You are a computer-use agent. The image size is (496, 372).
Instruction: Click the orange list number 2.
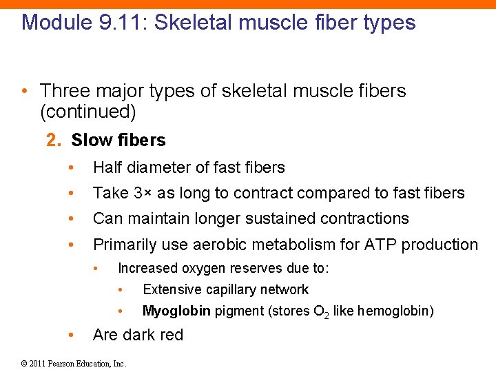pyautogui.click(x=53, y=141)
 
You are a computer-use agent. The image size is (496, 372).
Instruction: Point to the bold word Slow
pyautogui.click(x=92, y=141)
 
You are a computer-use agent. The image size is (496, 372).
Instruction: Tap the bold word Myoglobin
pyautogui.click(x=176, y=311)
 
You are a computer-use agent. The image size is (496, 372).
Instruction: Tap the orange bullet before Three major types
pyautogui.click(x=24, y=91)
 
